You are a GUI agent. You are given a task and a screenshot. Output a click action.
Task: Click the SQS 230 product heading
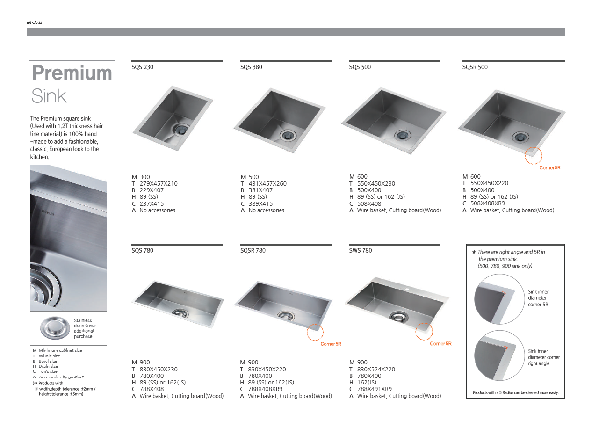tap(143, 67)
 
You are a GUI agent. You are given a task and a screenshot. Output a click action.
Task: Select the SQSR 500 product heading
tap(475, 67)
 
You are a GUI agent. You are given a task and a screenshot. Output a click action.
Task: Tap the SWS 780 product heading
tap(361, 251)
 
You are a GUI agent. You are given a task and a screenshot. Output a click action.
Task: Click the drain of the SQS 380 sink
tap(288, 135)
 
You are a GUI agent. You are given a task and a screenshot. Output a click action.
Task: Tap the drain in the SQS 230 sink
tap(179, 129)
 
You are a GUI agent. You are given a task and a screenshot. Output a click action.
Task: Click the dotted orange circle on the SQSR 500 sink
tap(534, 156)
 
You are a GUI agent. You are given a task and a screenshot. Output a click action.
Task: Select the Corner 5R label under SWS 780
tap(440, 344)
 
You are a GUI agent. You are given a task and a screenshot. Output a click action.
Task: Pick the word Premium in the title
tap(72, 73)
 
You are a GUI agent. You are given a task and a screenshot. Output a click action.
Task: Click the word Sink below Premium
tap(49, 96)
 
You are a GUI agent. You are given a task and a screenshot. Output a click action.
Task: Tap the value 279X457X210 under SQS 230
tap(159, 184)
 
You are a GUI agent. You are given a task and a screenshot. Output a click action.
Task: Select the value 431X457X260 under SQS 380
tap(267, 184)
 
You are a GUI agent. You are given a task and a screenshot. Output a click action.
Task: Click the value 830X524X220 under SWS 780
tap(376, 369)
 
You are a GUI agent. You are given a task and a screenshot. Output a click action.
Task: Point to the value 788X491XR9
tap(374, 389)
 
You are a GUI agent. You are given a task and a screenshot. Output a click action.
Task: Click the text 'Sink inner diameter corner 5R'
tap(538, 298)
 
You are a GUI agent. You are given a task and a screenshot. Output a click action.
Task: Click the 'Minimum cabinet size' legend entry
tap(60, 350)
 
